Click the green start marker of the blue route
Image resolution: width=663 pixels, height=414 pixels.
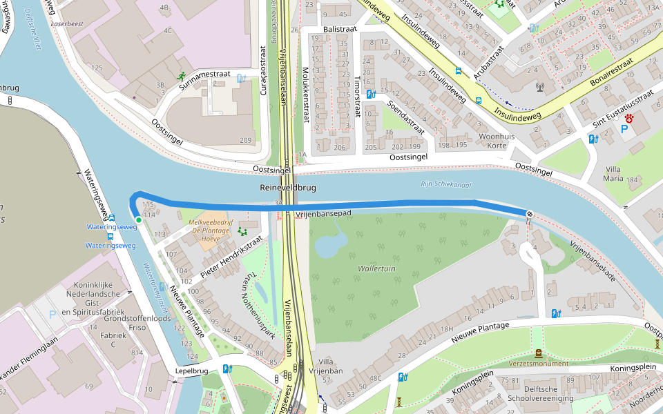click(139, 220)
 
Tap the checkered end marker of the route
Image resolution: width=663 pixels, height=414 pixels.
click(529, 214)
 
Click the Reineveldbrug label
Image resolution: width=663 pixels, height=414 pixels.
click(288, 188)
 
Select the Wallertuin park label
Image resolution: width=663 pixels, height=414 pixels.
click(376, 268)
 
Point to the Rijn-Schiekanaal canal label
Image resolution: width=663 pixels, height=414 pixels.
click(445, 184)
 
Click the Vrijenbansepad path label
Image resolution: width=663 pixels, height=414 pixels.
click(323, 215)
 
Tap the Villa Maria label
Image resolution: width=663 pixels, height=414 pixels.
click(613, 174)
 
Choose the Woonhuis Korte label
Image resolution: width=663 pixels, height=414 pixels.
click(497, 141)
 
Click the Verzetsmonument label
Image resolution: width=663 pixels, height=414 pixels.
click(539, 364)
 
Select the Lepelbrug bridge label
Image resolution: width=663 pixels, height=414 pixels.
click(191, 371)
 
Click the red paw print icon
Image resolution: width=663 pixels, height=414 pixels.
click(629, 119)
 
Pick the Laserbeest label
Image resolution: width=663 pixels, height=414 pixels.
click(67, 23)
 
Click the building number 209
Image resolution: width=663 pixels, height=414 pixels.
click(246, 140)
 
